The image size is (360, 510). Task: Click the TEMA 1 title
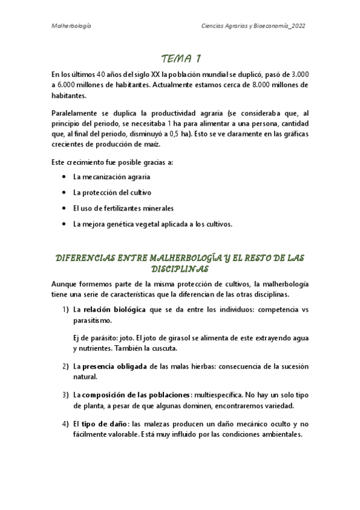(x=181, y=59)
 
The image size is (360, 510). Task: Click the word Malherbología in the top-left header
(x=72, y=27)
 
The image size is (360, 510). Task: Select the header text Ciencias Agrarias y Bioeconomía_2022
(x=256, y=27)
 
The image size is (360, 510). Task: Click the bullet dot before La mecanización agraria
(x=64, y=177)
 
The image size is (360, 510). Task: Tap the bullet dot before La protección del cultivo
(x=64, y=193)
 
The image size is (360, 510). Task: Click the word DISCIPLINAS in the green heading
(x=180, y=268)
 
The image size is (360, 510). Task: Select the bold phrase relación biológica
(x=114, y=310)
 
